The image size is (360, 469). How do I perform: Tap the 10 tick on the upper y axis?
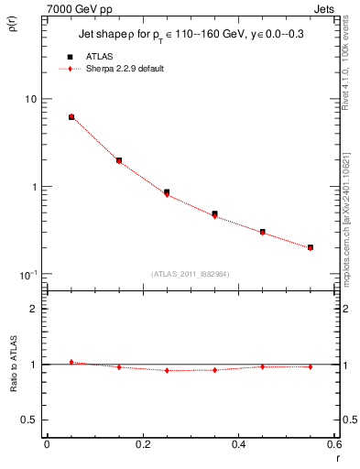click(29, 99)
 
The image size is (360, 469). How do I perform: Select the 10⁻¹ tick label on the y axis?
click(27, 275)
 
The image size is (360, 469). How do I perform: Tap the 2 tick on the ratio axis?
click(33, 309)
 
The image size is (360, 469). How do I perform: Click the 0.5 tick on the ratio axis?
click(29, 420)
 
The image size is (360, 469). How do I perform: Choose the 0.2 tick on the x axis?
click(142, 445)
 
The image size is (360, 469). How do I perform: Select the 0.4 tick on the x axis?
click(238, 445)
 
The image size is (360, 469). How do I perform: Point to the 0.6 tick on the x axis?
click(334, 445)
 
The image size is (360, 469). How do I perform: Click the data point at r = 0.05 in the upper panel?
click(71, 117)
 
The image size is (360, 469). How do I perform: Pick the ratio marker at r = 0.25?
click(167, 370)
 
